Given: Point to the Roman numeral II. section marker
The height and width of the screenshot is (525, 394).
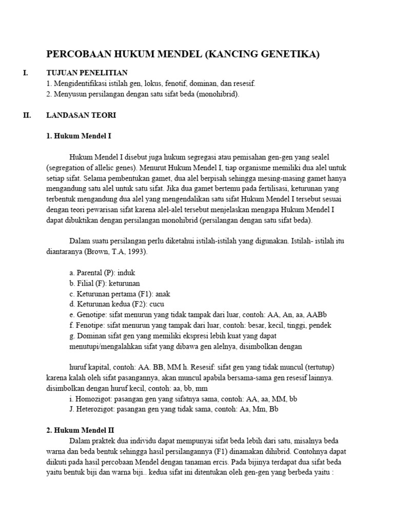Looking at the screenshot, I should [x=27, y=115].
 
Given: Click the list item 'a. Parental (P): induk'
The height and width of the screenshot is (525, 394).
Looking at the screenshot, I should [x=102, y=273].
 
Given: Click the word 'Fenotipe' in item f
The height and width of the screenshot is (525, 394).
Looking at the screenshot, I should [x=90, y=326].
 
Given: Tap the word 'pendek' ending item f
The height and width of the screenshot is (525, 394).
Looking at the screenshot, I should [x=319, y=326].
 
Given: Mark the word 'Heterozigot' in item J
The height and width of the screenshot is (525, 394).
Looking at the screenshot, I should [x=95, y=409].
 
